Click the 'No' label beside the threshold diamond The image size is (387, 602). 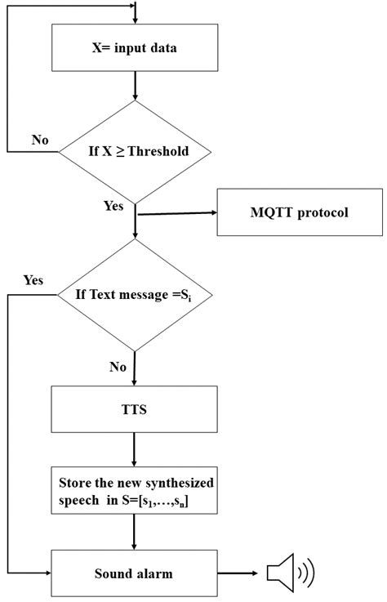(40, 140)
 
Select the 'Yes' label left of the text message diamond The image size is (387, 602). (33, 279)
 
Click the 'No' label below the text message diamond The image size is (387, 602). (118, 367)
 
